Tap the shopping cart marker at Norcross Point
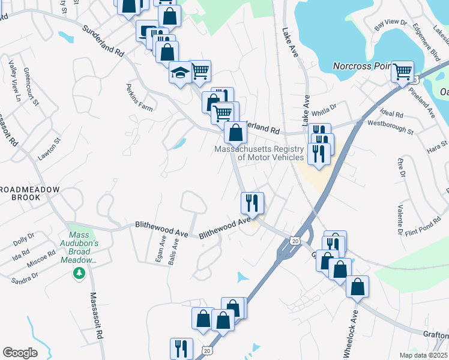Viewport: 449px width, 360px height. click(x=402, y=72)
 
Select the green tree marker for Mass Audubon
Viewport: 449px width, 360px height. click(x=78, y=274)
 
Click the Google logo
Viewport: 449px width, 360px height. click(x=20, y=353)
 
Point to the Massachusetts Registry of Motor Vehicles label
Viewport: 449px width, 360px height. click(x=259, y=153)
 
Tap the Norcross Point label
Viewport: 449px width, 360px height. click(x=361, y=65)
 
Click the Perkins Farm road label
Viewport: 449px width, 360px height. click(x=139, y=98)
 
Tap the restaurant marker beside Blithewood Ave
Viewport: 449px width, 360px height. click(x=252, y=203)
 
